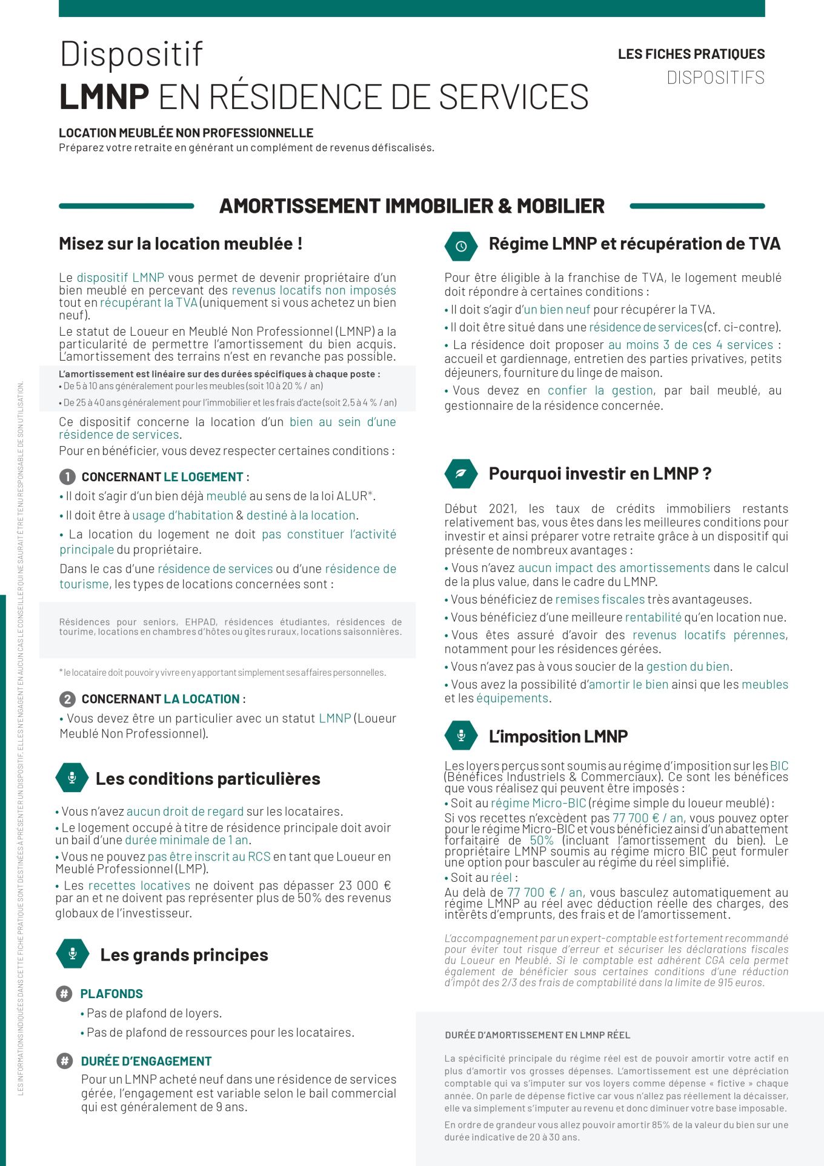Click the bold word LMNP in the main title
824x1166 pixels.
point(104,97)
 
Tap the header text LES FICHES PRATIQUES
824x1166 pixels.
point(691,54)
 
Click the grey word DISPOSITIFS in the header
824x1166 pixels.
point(715,78)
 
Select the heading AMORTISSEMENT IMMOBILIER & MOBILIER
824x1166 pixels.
point(411,206)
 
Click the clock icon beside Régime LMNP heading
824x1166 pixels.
point(461,245)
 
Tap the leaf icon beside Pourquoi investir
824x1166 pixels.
point(461,473)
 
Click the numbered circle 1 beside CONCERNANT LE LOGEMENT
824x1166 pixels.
point(67,477)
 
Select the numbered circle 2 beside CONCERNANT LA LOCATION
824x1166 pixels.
point(67,699)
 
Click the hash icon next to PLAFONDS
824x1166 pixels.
point(64,994)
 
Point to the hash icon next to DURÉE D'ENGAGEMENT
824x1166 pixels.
point(64,1061)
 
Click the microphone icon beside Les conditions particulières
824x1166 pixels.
point(72,778)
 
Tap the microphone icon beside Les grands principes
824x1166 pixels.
point(73,954)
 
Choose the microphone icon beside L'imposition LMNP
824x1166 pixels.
point(461,736)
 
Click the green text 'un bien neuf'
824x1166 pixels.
point(556,310)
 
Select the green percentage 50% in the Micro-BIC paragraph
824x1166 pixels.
point(542,841)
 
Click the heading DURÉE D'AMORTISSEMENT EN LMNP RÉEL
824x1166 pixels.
point(537,1035)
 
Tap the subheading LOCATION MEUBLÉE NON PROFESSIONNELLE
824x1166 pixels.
point(186,133)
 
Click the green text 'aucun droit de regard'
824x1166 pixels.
point(185,811)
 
